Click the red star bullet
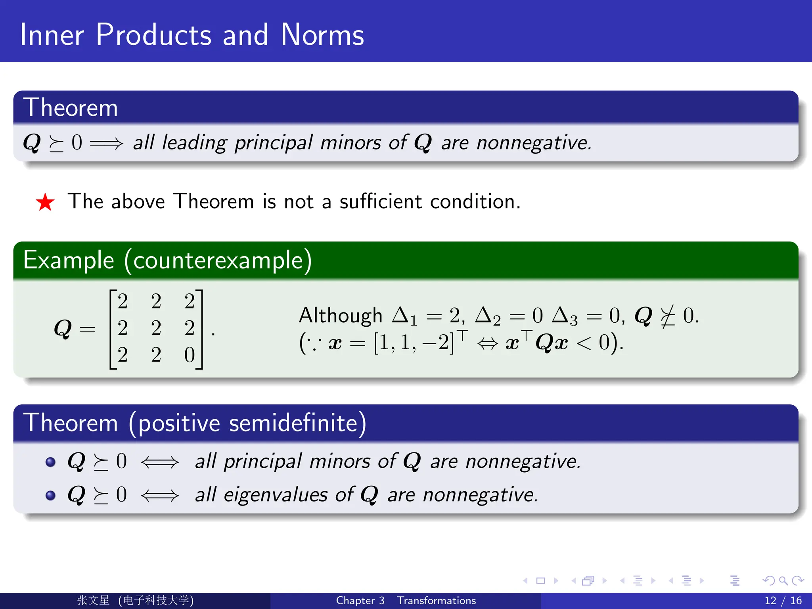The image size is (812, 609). pyautogui.click(x=45, y=202)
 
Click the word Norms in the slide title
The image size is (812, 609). pyautogui.click(x=322, y=35)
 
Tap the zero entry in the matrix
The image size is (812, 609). pyautogui.click(x=190, y=355)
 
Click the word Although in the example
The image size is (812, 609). pyautogui.click(x=340, y=316)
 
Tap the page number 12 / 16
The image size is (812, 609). pyautogui.click(x=783, y=600)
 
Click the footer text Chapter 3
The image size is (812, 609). pyautogui.click(x=360, y=600)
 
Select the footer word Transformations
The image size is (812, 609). pyautogui.click(x=436, y=600)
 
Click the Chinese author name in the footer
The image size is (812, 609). pyautogui.click(x=93, y=600)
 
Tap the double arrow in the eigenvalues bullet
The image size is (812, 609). pyautogui.click(x=160, y=496)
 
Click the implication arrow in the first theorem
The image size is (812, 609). pyautogui.click(x=106, y=143)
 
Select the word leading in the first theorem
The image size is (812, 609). pyautogui.click(x=194, y=143)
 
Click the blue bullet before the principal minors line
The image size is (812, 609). pyautogui.click(x=50, y=462)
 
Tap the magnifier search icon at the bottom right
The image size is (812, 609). pyautogui.click(x=783, y=581)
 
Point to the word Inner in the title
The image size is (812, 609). pyautogui.click(x=52, y=35)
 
